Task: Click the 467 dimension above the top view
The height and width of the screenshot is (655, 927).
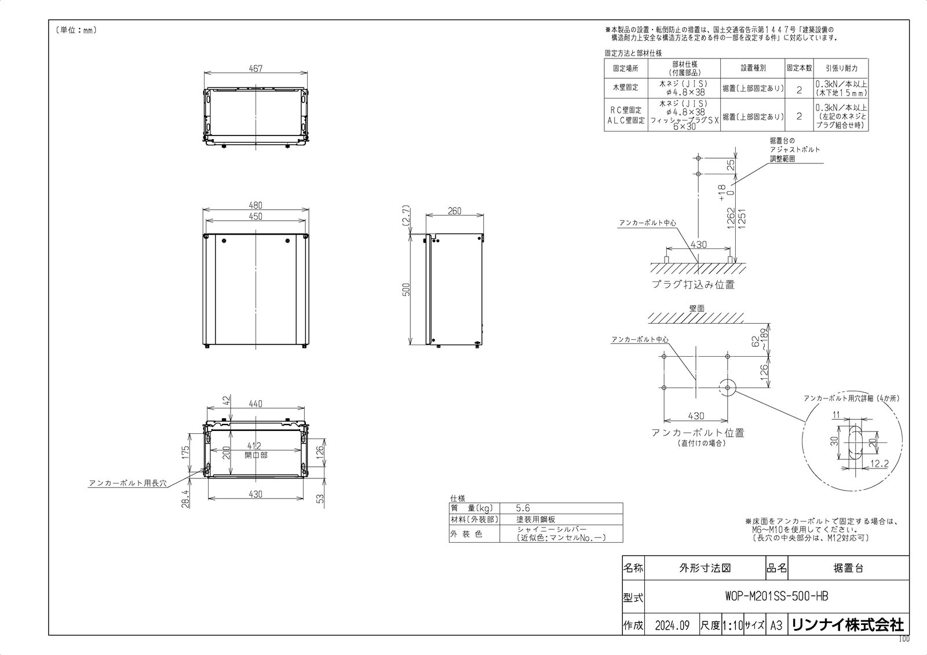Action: [x=256, y=68]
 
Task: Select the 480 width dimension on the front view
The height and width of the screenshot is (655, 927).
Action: [x=256, y=205]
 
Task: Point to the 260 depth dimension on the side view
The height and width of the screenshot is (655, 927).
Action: [x=455, y=211]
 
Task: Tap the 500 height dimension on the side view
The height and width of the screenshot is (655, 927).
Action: [x=407, y=290]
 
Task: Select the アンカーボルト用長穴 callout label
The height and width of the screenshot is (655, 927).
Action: [x=127, y=482]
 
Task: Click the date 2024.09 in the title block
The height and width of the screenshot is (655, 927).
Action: [x=672, y=625]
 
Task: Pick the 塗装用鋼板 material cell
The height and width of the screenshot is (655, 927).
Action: [x=535, y=519]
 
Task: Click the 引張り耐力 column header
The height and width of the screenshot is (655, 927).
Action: [x=841, y=68]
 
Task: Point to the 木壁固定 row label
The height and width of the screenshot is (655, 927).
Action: [x=625, y=87]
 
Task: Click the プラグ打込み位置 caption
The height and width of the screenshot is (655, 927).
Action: [x=693, y=284]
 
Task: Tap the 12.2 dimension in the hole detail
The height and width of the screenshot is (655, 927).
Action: [x=879, y=464]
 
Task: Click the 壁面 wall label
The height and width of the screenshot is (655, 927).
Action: [x=696, y=309]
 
